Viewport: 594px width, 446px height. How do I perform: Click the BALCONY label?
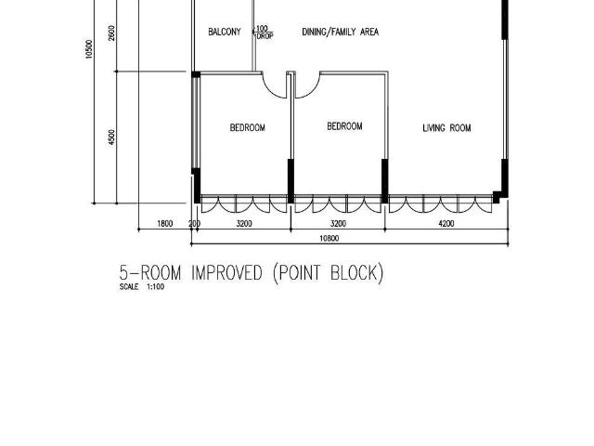(225, 33)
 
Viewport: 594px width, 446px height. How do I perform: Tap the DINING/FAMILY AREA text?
(341, 33)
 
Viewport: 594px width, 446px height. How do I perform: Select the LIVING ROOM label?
(446, 128)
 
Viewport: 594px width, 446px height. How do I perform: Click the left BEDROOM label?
(248, 128)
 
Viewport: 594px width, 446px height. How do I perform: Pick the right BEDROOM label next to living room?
(344, 126)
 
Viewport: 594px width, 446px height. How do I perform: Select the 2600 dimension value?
(112, 34)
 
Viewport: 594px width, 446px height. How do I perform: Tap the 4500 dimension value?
(112, 138)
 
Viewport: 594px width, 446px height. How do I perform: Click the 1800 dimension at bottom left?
(165, 224)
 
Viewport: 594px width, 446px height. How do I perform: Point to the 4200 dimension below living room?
(446, 224)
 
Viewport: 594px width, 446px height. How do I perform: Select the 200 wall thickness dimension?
(195, 224)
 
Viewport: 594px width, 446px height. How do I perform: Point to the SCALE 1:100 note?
(142, 287)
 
